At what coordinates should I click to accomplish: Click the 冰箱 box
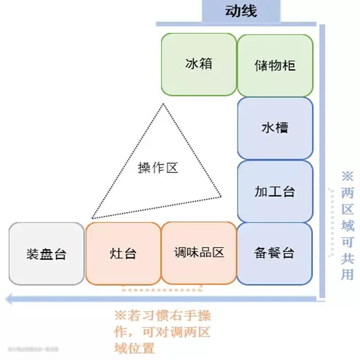coord(198,64)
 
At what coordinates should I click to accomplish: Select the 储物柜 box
coord(275,64)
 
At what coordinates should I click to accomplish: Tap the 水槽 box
coord(275,128)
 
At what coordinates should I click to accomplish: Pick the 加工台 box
coord(275,191)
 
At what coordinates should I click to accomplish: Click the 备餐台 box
coord(275,253)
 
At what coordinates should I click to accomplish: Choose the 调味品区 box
coord(199,253)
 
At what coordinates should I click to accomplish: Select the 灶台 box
coord(123,253)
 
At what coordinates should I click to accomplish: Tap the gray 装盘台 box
coord(46,253)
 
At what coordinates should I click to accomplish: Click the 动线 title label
coord(241,11)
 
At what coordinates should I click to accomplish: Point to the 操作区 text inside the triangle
coord(158,168)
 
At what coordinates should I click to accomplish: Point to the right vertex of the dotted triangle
coord(221,196)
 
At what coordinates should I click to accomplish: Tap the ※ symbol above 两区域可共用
coord(347,175)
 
